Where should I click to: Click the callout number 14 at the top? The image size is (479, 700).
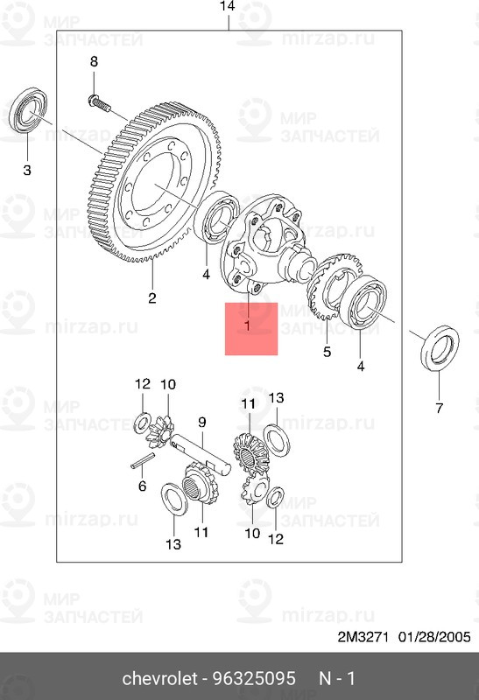coord(228,7)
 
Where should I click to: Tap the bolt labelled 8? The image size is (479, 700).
coord(99,103)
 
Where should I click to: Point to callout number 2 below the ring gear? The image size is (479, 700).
coord(152,297)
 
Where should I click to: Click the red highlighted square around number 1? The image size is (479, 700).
coord(251,329)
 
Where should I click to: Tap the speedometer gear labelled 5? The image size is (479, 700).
coord(332,286)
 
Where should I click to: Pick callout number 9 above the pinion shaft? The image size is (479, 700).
coord(202,422)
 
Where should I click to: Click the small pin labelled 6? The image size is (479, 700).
coord(143,461)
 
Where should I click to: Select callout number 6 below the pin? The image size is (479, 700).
coord(142,486)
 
